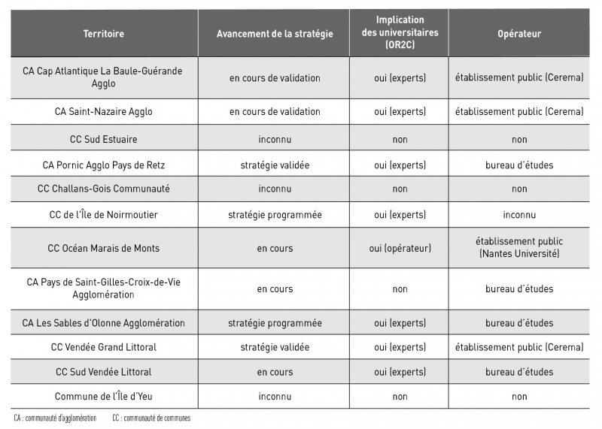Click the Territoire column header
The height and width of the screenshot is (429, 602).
[104, 34]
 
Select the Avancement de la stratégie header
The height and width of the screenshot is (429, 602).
[275, 34]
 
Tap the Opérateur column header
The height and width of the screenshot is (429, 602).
[519, 34]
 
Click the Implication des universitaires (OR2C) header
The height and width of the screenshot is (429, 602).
[400, 32]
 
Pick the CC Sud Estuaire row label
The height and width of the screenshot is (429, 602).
[104, 139]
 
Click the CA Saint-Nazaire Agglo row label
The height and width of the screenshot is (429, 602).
[104, 111]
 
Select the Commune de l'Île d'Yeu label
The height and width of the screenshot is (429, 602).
[104, 396]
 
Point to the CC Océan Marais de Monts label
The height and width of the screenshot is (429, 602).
[104, 248]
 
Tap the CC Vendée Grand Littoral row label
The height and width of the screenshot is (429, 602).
[104, 347]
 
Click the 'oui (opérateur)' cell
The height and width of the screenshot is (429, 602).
[400, 248]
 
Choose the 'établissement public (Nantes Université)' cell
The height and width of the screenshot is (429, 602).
[519, 248]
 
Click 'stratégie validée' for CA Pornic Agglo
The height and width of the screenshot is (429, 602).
[275, 165]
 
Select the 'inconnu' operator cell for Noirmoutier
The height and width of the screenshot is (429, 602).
[519, 215]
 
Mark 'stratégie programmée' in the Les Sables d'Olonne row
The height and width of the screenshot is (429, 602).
[275, 323]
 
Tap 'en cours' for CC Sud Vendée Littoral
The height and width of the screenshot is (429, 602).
[275, 372]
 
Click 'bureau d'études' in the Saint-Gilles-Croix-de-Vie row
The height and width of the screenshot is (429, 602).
[519, 289]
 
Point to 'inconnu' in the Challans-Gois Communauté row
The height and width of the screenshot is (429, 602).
[275, 189]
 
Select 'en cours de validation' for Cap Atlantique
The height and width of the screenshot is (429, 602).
[275, 77]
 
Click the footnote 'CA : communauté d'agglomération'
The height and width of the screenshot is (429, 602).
[55, 418]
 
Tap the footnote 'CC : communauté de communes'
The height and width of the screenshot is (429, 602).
[151, 418]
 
